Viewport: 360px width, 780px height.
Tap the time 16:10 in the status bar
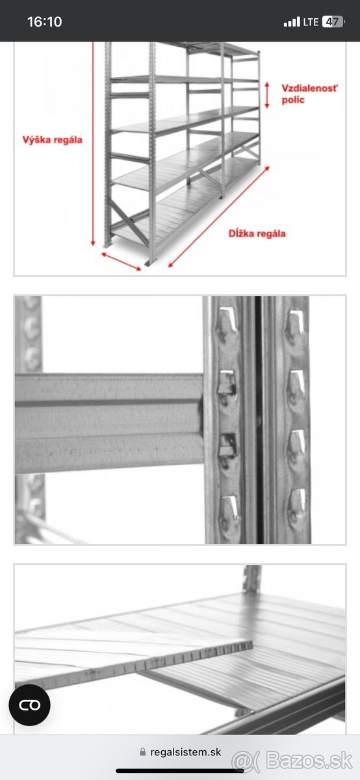pyautogui.click(x=45, y=21)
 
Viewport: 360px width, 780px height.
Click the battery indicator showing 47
pyautogui.click(x=333, y=22)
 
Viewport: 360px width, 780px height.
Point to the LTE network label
pyautogui.click(x=311, y=22)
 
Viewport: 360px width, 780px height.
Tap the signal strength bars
pyautogui.click(x=292, y=22)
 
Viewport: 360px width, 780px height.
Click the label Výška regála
pyautogui.click(x=53, y=140)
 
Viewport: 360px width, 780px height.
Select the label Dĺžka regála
pyautogui.click(x=257, y=233)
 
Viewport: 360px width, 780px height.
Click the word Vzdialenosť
pyautogui.click(x=309, y=88)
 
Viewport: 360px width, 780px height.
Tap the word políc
pyautogui.click(x=293, y=100)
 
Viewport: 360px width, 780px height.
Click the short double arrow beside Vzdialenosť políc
pyautogui.click(x=267, y=95)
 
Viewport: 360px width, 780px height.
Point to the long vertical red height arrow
pyautogui.click(x=93, y=144)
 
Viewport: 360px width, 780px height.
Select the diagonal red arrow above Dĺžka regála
pyautogui.click(x=219, y=216)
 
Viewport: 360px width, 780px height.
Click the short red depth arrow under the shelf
pyautogui.click(x=122, y=261)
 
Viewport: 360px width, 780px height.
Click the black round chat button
pyautogui.click(x=30, y=705)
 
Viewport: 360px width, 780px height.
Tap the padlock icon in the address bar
pyautogui.click(x=142, y=752)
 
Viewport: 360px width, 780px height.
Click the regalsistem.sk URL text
pyautogui.click(x=186, y=752)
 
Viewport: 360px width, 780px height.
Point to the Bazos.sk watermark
pyautogui.click(x=292, y=760)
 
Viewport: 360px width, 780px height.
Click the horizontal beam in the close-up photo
pyautogui.click(x=109, y=423)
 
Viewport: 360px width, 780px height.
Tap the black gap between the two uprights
pyautogui.click(x=259, y=420)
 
